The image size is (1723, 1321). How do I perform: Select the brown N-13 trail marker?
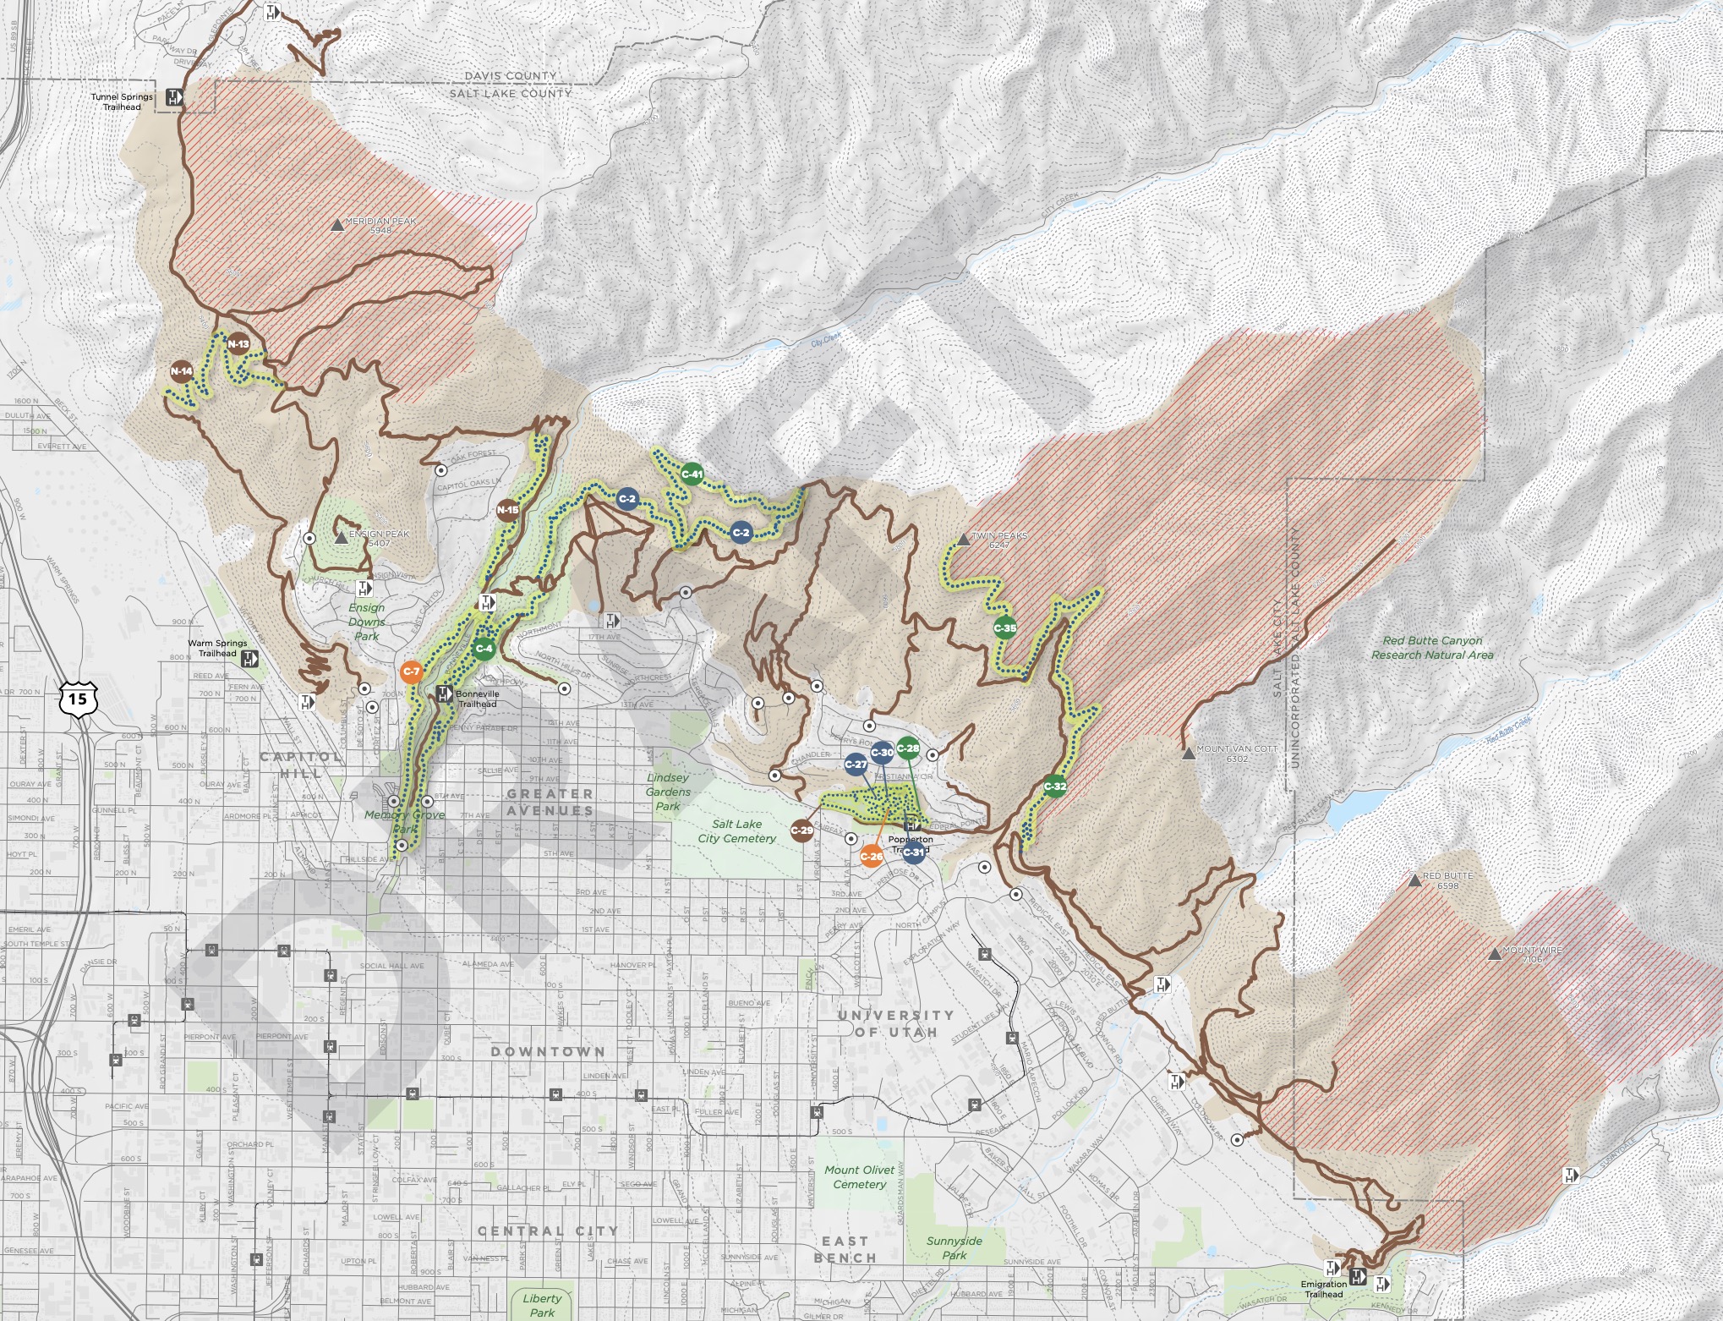pos(238,344)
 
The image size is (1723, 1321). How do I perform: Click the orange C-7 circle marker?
pos(411,671)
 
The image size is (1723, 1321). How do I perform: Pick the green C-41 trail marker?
pos(692,474)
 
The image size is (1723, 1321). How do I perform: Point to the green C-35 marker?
pos(1004,628)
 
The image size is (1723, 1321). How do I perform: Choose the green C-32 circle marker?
pos(1054,787)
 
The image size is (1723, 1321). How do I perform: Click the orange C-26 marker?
pos(871,856)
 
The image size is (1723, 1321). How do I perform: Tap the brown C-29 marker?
pos(801,830)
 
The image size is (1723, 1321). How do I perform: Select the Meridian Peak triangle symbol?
pos(337,226)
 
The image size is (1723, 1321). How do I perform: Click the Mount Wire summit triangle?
pos(1495,954)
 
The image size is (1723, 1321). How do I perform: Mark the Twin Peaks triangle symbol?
pos(963,539)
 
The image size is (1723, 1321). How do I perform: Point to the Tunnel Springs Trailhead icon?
pos(173,96)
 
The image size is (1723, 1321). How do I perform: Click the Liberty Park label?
pos(542,1304)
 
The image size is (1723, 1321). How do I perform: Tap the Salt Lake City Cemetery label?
pos(736,830)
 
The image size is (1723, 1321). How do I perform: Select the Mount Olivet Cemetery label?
pos(859,1176)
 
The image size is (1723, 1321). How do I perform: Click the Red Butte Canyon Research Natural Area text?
pos(1432,648)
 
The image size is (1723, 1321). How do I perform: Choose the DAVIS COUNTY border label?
pos(510,76)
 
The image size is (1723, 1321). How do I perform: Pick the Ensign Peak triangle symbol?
pos(341,538)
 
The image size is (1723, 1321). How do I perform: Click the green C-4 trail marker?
pos(484,649)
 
